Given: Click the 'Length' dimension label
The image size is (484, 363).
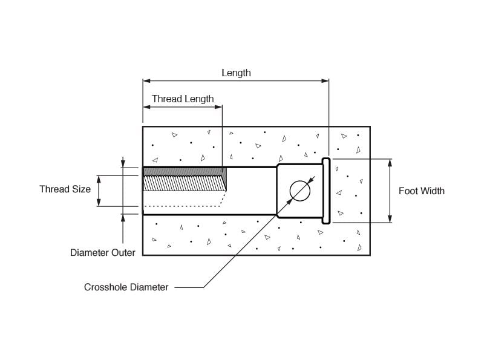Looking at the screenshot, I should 236,73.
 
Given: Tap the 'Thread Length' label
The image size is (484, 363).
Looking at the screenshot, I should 183,99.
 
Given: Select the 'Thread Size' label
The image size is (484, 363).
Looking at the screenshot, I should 65,189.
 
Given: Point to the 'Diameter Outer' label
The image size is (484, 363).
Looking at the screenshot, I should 103,252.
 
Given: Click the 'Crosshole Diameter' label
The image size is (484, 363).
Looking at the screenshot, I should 126,287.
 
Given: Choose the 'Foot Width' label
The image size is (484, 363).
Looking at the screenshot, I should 421,191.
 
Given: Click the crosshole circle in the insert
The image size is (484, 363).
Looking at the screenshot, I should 299,191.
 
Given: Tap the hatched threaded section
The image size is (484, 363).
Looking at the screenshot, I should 184,179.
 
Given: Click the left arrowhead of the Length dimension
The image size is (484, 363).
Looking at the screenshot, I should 146,80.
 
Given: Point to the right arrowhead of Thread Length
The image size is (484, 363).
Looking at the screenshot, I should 219,107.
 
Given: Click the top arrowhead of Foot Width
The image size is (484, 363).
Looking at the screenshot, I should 390,162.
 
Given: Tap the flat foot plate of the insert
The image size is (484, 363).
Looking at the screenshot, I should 326,191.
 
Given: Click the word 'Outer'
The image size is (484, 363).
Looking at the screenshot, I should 122,252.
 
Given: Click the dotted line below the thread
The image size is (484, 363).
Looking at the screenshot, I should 185,206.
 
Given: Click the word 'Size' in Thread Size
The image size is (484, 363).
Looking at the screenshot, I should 80,189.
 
